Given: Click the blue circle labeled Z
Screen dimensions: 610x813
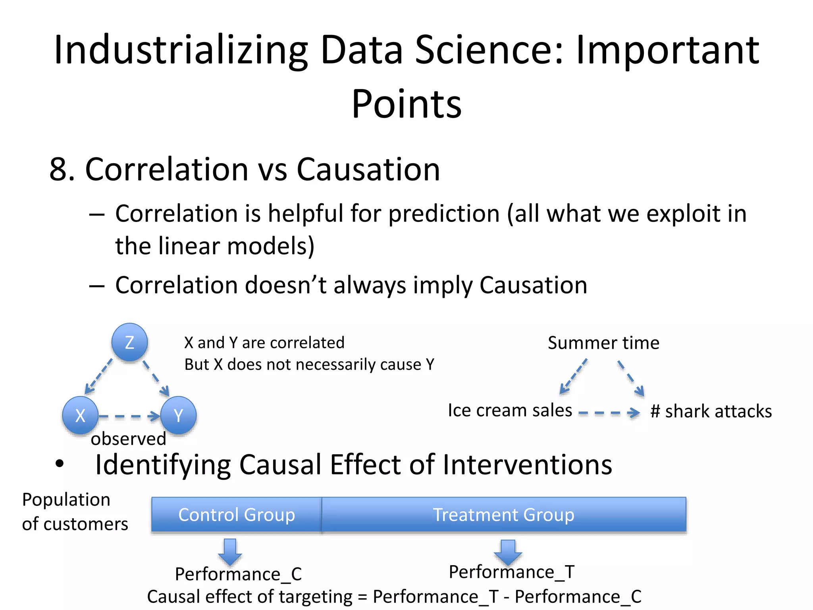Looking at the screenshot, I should click(x=129, y=342).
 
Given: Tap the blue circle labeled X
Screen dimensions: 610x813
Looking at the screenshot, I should click(x=80, y=415).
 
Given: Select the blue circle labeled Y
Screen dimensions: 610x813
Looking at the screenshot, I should click(x=178, y=415).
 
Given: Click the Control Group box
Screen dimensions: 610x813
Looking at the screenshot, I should click(x=237, y=515).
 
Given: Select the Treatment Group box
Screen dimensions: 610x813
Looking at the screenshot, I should click(x=503, y=515).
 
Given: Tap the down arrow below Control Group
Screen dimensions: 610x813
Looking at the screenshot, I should click(x=230, y=552).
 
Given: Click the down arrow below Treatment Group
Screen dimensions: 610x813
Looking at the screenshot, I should click(x=508, y=552).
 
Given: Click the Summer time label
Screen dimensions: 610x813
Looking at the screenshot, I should click(x=603, y=343).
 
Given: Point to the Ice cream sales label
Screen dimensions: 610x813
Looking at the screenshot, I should click(x=510, y=410).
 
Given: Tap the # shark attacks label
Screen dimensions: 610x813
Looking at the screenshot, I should click(x=711, y=411).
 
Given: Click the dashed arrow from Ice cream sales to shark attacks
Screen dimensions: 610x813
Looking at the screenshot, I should click(x=609, y=413).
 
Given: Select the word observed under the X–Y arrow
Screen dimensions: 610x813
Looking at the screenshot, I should click(x=128, y=439).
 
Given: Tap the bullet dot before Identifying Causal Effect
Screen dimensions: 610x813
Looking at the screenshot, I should click(x=60, y=463).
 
